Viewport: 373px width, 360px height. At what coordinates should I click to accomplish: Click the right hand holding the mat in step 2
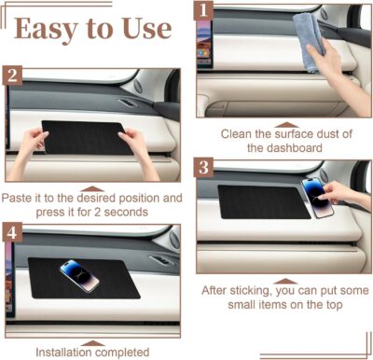[140, 146]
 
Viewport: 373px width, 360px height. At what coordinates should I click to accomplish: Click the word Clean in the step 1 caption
[237, 133]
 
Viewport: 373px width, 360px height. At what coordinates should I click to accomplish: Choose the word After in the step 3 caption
[219, 289]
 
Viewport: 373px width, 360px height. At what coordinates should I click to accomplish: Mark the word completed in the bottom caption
[126, 352]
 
